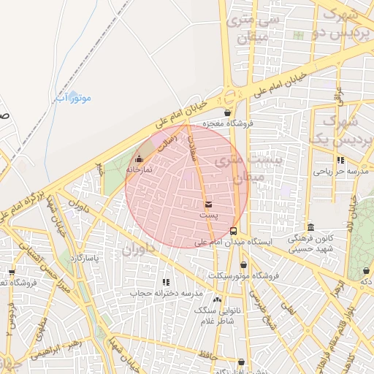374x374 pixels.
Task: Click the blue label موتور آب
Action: pos(72,97)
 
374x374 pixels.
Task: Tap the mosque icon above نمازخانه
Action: pos(140,158)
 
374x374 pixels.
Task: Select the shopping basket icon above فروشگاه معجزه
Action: pos(229,112)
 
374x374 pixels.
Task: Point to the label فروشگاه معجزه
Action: pos(227,123)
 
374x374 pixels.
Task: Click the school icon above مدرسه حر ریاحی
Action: pos(340,160)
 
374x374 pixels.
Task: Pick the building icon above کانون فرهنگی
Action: pos(312,227)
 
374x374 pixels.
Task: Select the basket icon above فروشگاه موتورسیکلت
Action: pos(243,264)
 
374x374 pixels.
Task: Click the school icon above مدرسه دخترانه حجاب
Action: pos(166,282)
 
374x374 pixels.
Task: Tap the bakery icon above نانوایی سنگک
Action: pos(217,299)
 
